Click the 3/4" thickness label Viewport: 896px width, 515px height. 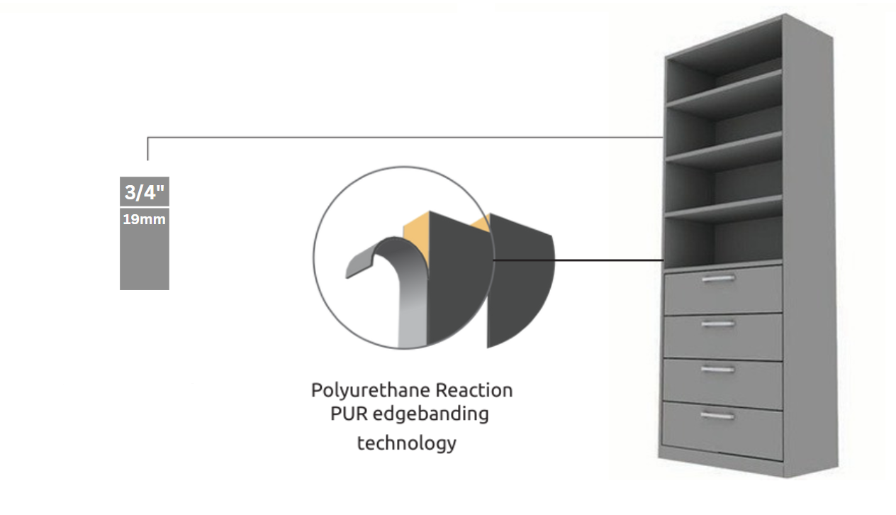click(x=145, y=192)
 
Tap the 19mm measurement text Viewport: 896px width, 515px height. click(x=144, y=220)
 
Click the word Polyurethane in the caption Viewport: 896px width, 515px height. click(x=371, y=391)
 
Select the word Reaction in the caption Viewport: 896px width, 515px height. click(x=474, y=390)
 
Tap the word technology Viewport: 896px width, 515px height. click(x=406, y=443)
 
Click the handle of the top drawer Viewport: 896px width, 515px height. click(x=718, y=279)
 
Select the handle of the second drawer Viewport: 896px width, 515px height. click(x=718, y=323)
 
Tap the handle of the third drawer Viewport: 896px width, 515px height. click(x=718, y=369)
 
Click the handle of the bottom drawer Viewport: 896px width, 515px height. click(x=718, y=416)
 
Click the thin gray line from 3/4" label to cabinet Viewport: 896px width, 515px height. click(x=404, y=137)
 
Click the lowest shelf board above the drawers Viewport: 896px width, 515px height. click(x=723, y=208)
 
